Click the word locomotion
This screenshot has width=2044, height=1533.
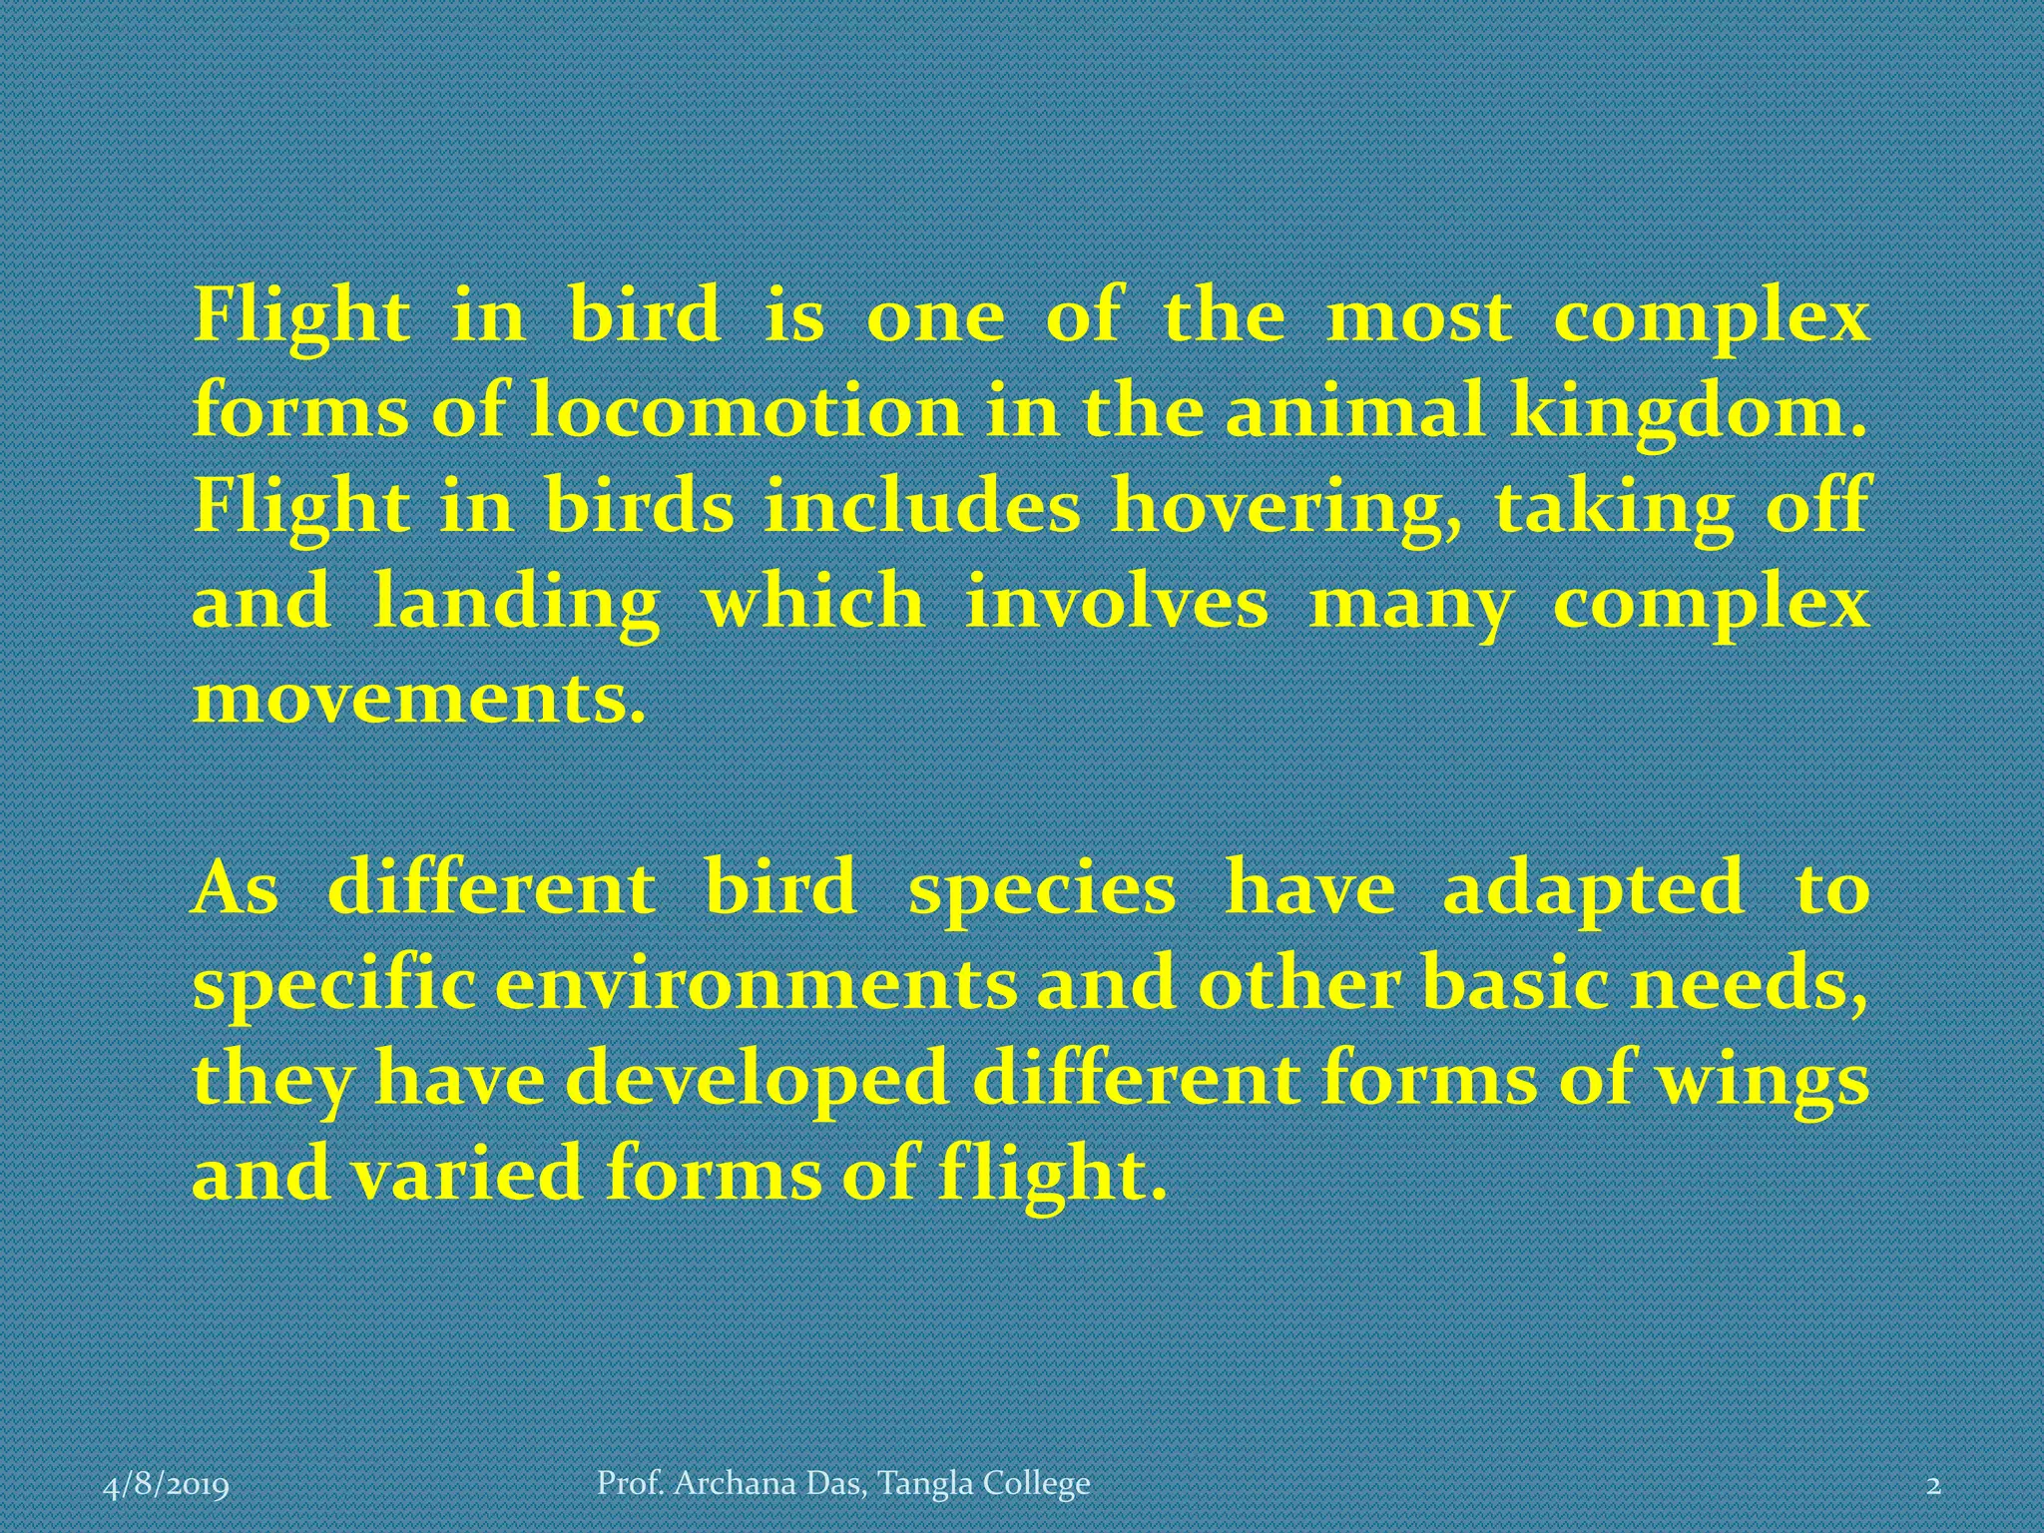745,411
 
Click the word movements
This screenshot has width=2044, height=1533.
419,700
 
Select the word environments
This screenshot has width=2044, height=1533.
756,985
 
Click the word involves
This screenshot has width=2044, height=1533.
1117,605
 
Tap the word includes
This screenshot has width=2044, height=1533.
922,507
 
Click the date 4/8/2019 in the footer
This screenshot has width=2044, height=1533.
167,1486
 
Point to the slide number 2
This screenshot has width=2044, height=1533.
1933,1486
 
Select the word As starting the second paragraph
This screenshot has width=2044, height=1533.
236,889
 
